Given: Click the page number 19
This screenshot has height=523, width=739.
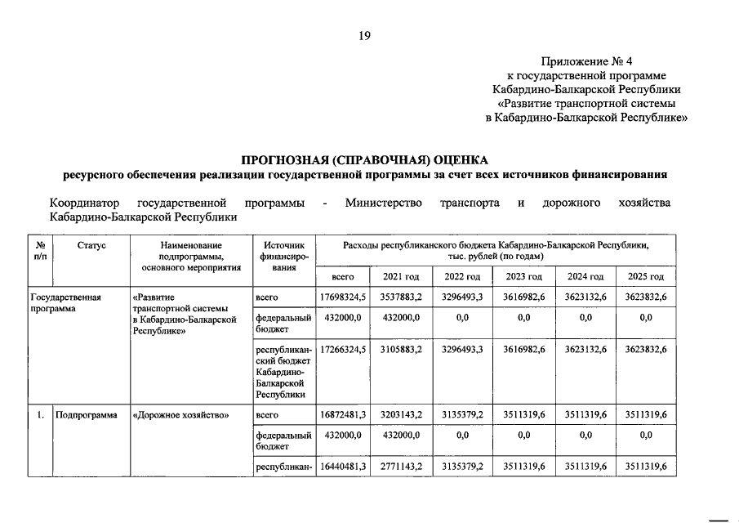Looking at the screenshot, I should (x=364, y=34).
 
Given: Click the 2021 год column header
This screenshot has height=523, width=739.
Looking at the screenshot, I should (x=401, y=276).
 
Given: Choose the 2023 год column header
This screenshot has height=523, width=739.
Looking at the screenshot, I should (x=523, y=276).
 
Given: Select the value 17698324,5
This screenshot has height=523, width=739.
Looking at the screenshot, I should (x=342, y=297).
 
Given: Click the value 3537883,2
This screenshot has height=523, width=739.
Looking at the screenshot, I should (x=401, y=297).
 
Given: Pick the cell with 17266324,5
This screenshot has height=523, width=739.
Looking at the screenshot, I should (x=342, y=349).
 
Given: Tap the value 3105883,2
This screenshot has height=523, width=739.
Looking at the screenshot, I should (x=401, y=349).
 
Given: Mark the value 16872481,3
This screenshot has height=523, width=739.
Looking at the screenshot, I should (x=342, y=414).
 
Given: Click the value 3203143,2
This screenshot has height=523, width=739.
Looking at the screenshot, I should (x=401, y=414).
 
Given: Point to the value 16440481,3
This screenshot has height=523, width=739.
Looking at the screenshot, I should (x=342, y=466).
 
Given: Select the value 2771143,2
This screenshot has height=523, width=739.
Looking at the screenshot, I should (x=401, y=466).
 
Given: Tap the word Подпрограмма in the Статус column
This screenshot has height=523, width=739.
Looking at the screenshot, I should (x=86, y=414).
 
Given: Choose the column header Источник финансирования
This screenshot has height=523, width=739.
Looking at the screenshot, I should (x=283, y=256).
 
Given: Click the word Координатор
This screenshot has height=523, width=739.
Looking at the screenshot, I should (x=84, y=203).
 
